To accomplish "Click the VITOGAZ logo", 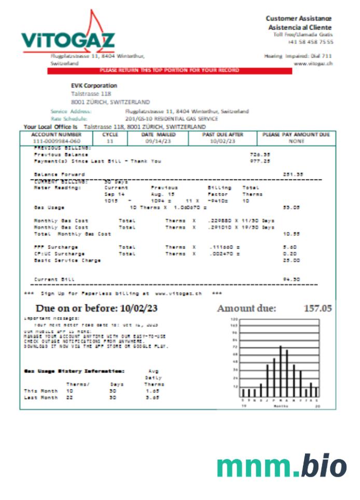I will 67,39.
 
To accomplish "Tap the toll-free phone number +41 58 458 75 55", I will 311,42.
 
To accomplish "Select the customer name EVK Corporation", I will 94,86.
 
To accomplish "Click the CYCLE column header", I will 109,134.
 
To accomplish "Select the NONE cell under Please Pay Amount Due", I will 296,141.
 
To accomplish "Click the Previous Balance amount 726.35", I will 260,154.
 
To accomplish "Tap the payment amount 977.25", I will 260,161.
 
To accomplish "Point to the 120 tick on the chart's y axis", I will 234,318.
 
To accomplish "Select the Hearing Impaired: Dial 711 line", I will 298,56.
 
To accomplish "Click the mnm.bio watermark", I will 281,465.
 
